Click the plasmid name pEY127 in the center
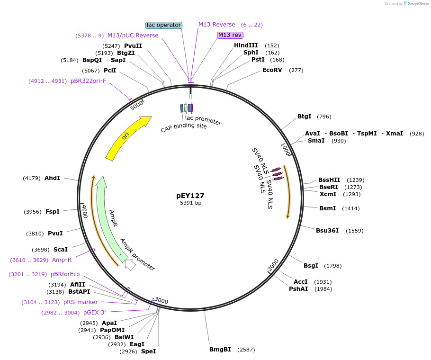tap(190, 195)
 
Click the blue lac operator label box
tap(164, 25)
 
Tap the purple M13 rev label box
tap(230, 35)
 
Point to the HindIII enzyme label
tap(246, 45)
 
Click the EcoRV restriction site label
tap(272, 70)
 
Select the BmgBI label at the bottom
tap(220, 350)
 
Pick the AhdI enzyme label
tap(52, 178)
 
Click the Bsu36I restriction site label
tap(327, 231)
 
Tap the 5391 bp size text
tap(190, 203)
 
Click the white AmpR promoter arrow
tap(130, 265)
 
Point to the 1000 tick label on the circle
tap(286, 150)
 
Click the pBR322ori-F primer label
tap(89, 81)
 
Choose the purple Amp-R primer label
tap(62, 260)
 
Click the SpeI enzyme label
tap(148, 351)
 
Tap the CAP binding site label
tap(184, 127)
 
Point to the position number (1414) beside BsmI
tap(351, 208)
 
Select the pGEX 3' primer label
tap(95, 313)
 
